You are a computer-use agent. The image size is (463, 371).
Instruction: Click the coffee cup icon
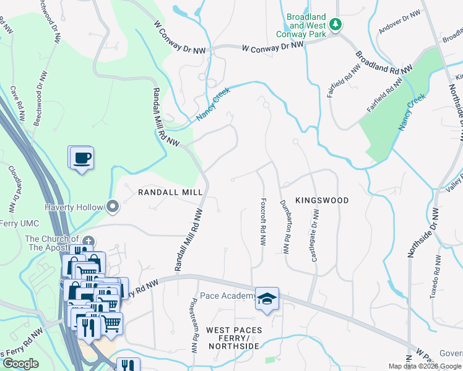coord(81,158)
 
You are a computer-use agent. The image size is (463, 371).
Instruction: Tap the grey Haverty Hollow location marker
coord(113,207)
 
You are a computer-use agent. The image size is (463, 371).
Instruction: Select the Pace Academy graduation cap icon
coord(267,299)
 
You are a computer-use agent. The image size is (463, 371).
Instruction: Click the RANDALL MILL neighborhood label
coord(170,192)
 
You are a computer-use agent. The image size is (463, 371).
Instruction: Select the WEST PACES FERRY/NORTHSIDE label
coord(233,338)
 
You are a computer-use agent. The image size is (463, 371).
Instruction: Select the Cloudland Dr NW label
coord(12,185)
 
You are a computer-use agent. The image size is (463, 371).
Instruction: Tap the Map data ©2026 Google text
coord(425,366)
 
